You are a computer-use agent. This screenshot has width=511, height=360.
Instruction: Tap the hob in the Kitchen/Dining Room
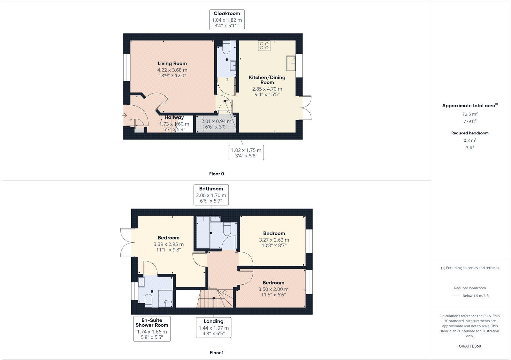(x=264, y=46)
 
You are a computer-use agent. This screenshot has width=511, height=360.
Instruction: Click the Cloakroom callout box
(x=227, y=20)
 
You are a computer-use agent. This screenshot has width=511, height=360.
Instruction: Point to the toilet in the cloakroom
(x=227, y=49)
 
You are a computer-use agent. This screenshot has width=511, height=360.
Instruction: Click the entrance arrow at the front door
(x=125, y=115)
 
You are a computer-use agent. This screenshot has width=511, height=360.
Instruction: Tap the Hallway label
(x=174, y=117)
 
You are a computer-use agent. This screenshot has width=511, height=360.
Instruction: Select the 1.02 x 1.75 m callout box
(x=246, y=153)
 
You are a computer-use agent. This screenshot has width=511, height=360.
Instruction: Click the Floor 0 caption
(x=217, y=174)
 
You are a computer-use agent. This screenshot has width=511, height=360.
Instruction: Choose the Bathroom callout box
(x=211, y=195)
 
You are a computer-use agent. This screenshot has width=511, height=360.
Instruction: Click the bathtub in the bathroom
(x=203, y=232)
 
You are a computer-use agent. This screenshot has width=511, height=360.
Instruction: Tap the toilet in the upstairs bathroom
(x=227, y=229)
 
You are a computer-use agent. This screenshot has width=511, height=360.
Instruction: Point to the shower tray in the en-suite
(x=166, y=299)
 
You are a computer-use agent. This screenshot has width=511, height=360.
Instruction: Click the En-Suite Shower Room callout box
(x=152, y=329)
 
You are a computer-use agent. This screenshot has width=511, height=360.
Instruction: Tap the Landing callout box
(x=213, y=327)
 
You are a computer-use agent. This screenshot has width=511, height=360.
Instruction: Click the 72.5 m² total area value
(x=470, y=114)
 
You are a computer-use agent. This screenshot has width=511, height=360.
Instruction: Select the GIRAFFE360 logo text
(x=470, y=346)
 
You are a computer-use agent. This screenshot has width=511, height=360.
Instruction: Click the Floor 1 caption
(x=217, y=353)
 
